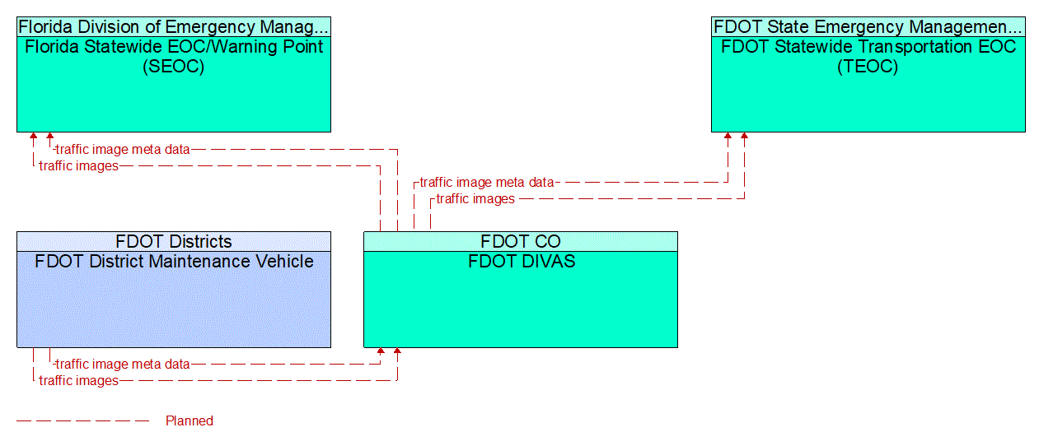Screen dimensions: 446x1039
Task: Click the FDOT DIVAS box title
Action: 521,262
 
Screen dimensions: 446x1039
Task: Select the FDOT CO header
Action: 521,241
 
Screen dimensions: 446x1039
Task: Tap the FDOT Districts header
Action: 174,241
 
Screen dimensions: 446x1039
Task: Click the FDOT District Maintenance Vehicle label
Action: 174,262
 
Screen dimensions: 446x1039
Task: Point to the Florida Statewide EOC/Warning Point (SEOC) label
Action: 174,57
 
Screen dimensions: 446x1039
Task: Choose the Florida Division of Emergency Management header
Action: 174,26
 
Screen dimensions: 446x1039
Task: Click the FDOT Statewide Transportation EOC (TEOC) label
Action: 868,57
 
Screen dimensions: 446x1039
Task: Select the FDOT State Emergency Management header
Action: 868,26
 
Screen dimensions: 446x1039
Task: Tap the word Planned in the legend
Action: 190,421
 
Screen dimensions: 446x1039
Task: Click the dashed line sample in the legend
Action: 82,421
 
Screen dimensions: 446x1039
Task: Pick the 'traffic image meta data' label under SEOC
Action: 123,150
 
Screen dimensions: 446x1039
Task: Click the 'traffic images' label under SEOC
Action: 78,166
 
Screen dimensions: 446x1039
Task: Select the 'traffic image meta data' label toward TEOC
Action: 487,183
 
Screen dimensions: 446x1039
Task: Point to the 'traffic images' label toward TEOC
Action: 475,199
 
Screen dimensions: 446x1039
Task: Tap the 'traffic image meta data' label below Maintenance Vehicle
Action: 123,364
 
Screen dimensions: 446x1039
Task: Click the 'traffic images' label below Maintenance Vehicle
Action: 78,381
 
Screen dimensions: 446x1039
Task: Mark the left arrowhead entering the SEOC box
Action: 34,137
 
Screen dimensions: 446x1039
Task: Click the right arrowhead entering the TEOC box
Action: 745,137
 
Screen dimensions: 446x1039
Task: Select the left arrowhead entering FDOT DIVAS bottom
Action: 381,352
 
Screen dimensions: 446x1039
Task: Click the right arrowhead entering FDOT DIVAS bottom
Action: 397,352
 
